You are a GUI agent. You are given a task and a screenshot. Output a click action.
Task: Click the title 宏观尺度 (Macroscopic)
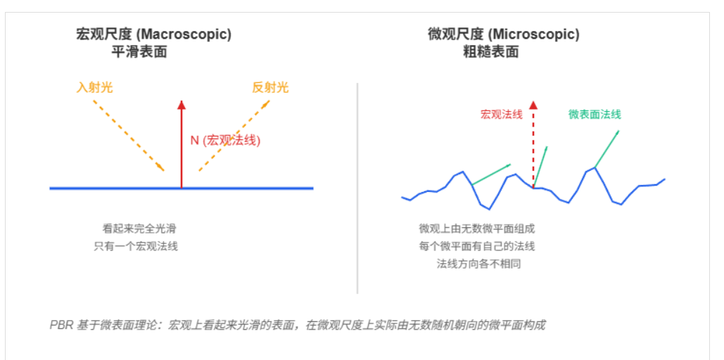pyautogui.click(x=153, y=34)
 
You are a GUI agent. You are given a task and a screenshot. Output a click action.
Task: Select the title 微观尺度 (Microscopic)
pyautogui.click(x=503, y=34)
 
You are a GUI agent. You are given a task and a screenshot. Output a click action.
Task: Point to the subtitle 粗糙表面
pyautogui.click(x=490, y=51)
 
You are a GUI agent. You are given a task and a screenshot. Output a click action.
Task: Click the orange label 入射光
pyautogui.click(x=94, y=88)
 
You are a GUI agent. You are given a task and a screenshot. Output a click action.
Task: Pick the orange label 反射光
pyautogui.click(x=270, y=88)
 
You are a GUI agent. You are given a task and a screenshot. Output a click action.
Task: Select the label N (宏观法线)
pyautogui.click(x=225, y=140)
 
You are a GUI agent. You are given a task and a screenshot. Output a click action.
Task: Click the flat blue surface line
pyautogui.click(x=106, y=188)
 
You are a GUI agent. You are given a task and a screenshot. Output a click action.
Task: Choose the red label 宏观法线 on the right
pyautogui.click(x=501, y=114)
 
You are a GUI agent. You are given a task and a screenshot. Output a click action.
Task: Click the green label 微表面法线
pyautogui.click(x=595, y=114)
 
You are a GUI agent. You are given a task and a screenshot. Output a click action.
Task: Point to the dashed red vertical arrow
pyautogui.click(x=533, y=144)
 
